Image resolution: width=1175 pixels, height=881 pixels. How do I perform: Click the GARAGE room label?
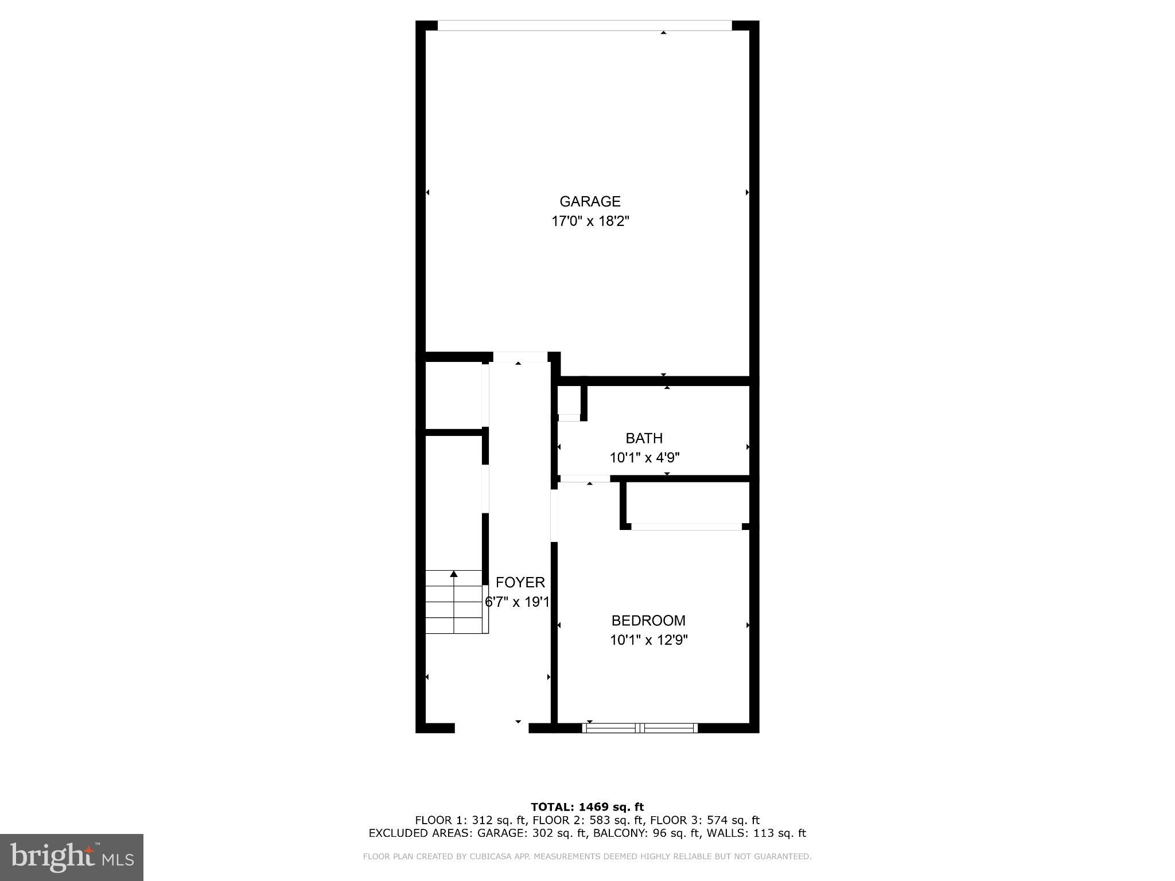point(590,201)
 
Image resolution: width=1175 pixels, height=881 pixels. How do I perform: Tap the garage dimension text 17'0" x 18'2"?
point(590,221)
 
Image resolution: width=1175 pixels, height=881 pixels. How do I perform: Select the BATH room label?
point(644,438)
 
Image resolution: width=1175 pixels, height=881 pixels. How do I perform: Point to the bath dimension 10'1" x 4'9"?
point(644,458)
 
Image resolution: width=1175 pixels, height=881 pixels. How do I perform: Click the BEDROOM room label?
point(648,621)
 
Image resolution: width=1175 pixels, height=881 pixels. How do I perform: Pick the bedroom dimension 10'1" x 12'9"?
point(648,640)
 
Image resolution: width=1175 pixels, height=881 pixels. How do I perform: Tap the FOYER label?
point(520,583)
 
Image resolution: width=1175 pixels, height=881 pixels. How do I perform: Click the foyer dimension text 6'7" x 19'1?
point(518,602)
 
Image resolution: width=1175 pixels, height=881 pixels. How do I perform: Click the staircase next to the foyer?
point(456,602)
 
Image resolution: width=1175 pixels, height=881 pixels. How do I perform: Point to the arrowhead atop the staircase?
point(454,574)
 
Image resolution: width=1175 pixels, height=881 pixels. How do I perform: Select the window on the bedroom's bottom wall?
point(640,728)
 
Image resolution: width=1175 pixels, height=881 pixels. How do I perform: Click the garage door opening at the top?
point(584,26)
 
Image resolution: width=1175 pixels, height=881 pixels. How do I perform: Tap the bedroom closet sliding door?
point(686,527)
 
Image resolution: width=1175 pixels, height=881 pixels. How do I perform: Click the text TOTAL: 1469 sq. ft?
point(587,807)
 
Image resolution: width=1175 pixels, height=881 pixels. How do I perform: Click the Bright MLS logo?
point(71,857)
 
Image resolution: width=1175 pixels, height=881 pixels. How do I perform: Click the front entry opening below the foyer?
point(491,727)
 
